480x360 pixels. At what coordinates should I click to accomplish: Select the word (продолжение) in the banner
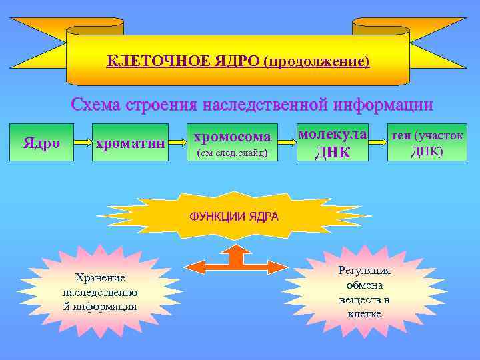pos(316,62)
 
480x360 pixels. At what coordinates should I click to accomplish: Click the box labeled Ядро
pos(41,143)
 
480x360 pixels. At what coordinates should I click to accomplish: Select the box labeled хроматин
pos(129,143)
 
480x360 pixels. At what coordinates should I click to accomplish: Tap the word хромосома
pos(232,137)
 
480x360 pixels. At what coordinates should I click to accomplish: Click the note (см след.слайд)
pos(230,154)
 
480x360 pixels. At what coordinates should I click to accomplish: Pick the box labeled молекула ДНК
pos(332,143)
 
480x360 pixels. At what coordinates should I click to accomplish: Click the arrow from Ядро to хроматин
pos(82,143)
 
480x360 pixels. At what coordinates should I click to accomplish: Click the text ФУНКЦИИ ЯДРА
pos(234,217)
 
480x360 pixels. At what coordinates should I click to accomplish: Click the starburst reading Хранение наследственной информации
pos(100,292)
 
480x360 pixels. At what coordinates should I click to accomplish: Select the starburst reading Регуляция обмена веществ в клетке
pos(364,292)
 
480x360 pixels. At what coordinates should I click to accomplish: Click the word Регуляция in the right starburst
pos(364,271)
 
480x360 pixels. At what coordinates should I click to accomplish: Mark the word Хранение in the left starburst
pos(100,277)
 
